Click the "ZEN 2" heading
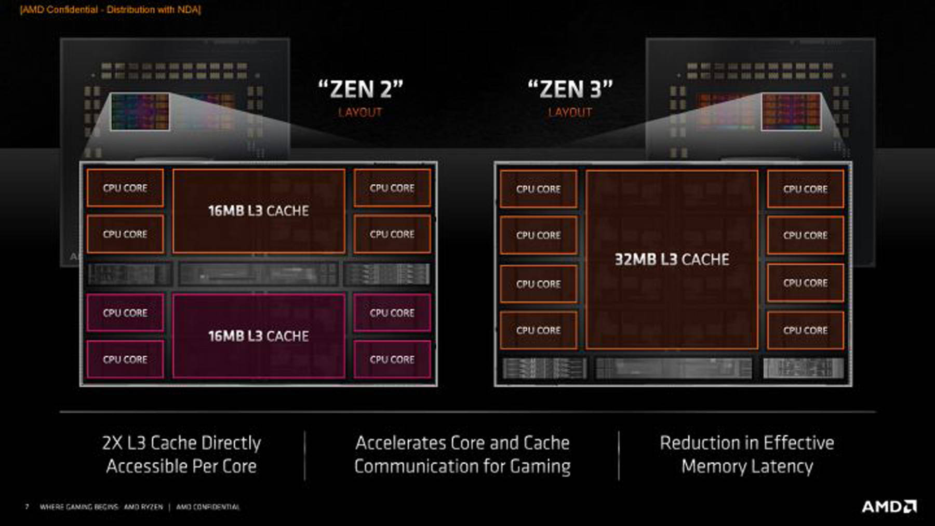coord(360,89)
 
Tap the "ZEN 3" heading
coord(570,89)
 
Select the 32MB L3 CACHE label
coord(672,260)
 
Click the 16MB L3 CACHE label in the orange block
coord(258,211)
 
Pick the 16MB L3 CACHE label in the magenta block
coord(258,336)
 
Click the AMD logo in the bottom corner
coord(889,507)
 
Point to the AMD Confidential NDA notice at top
coord(110,10)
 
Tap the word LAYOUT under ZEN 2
coord(360,113)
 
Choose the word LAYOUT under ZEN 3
coord(570,113)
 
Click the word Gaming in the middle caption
coord(540,466)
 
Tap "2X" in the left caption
coord(112,443)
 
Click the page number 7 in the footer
coord(27,507)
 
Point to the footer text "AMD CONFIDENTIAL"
coord(208,507)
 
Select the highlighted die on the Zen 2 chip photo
coord(140,111)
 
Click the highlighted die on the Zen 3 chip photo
coord(791,111)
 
